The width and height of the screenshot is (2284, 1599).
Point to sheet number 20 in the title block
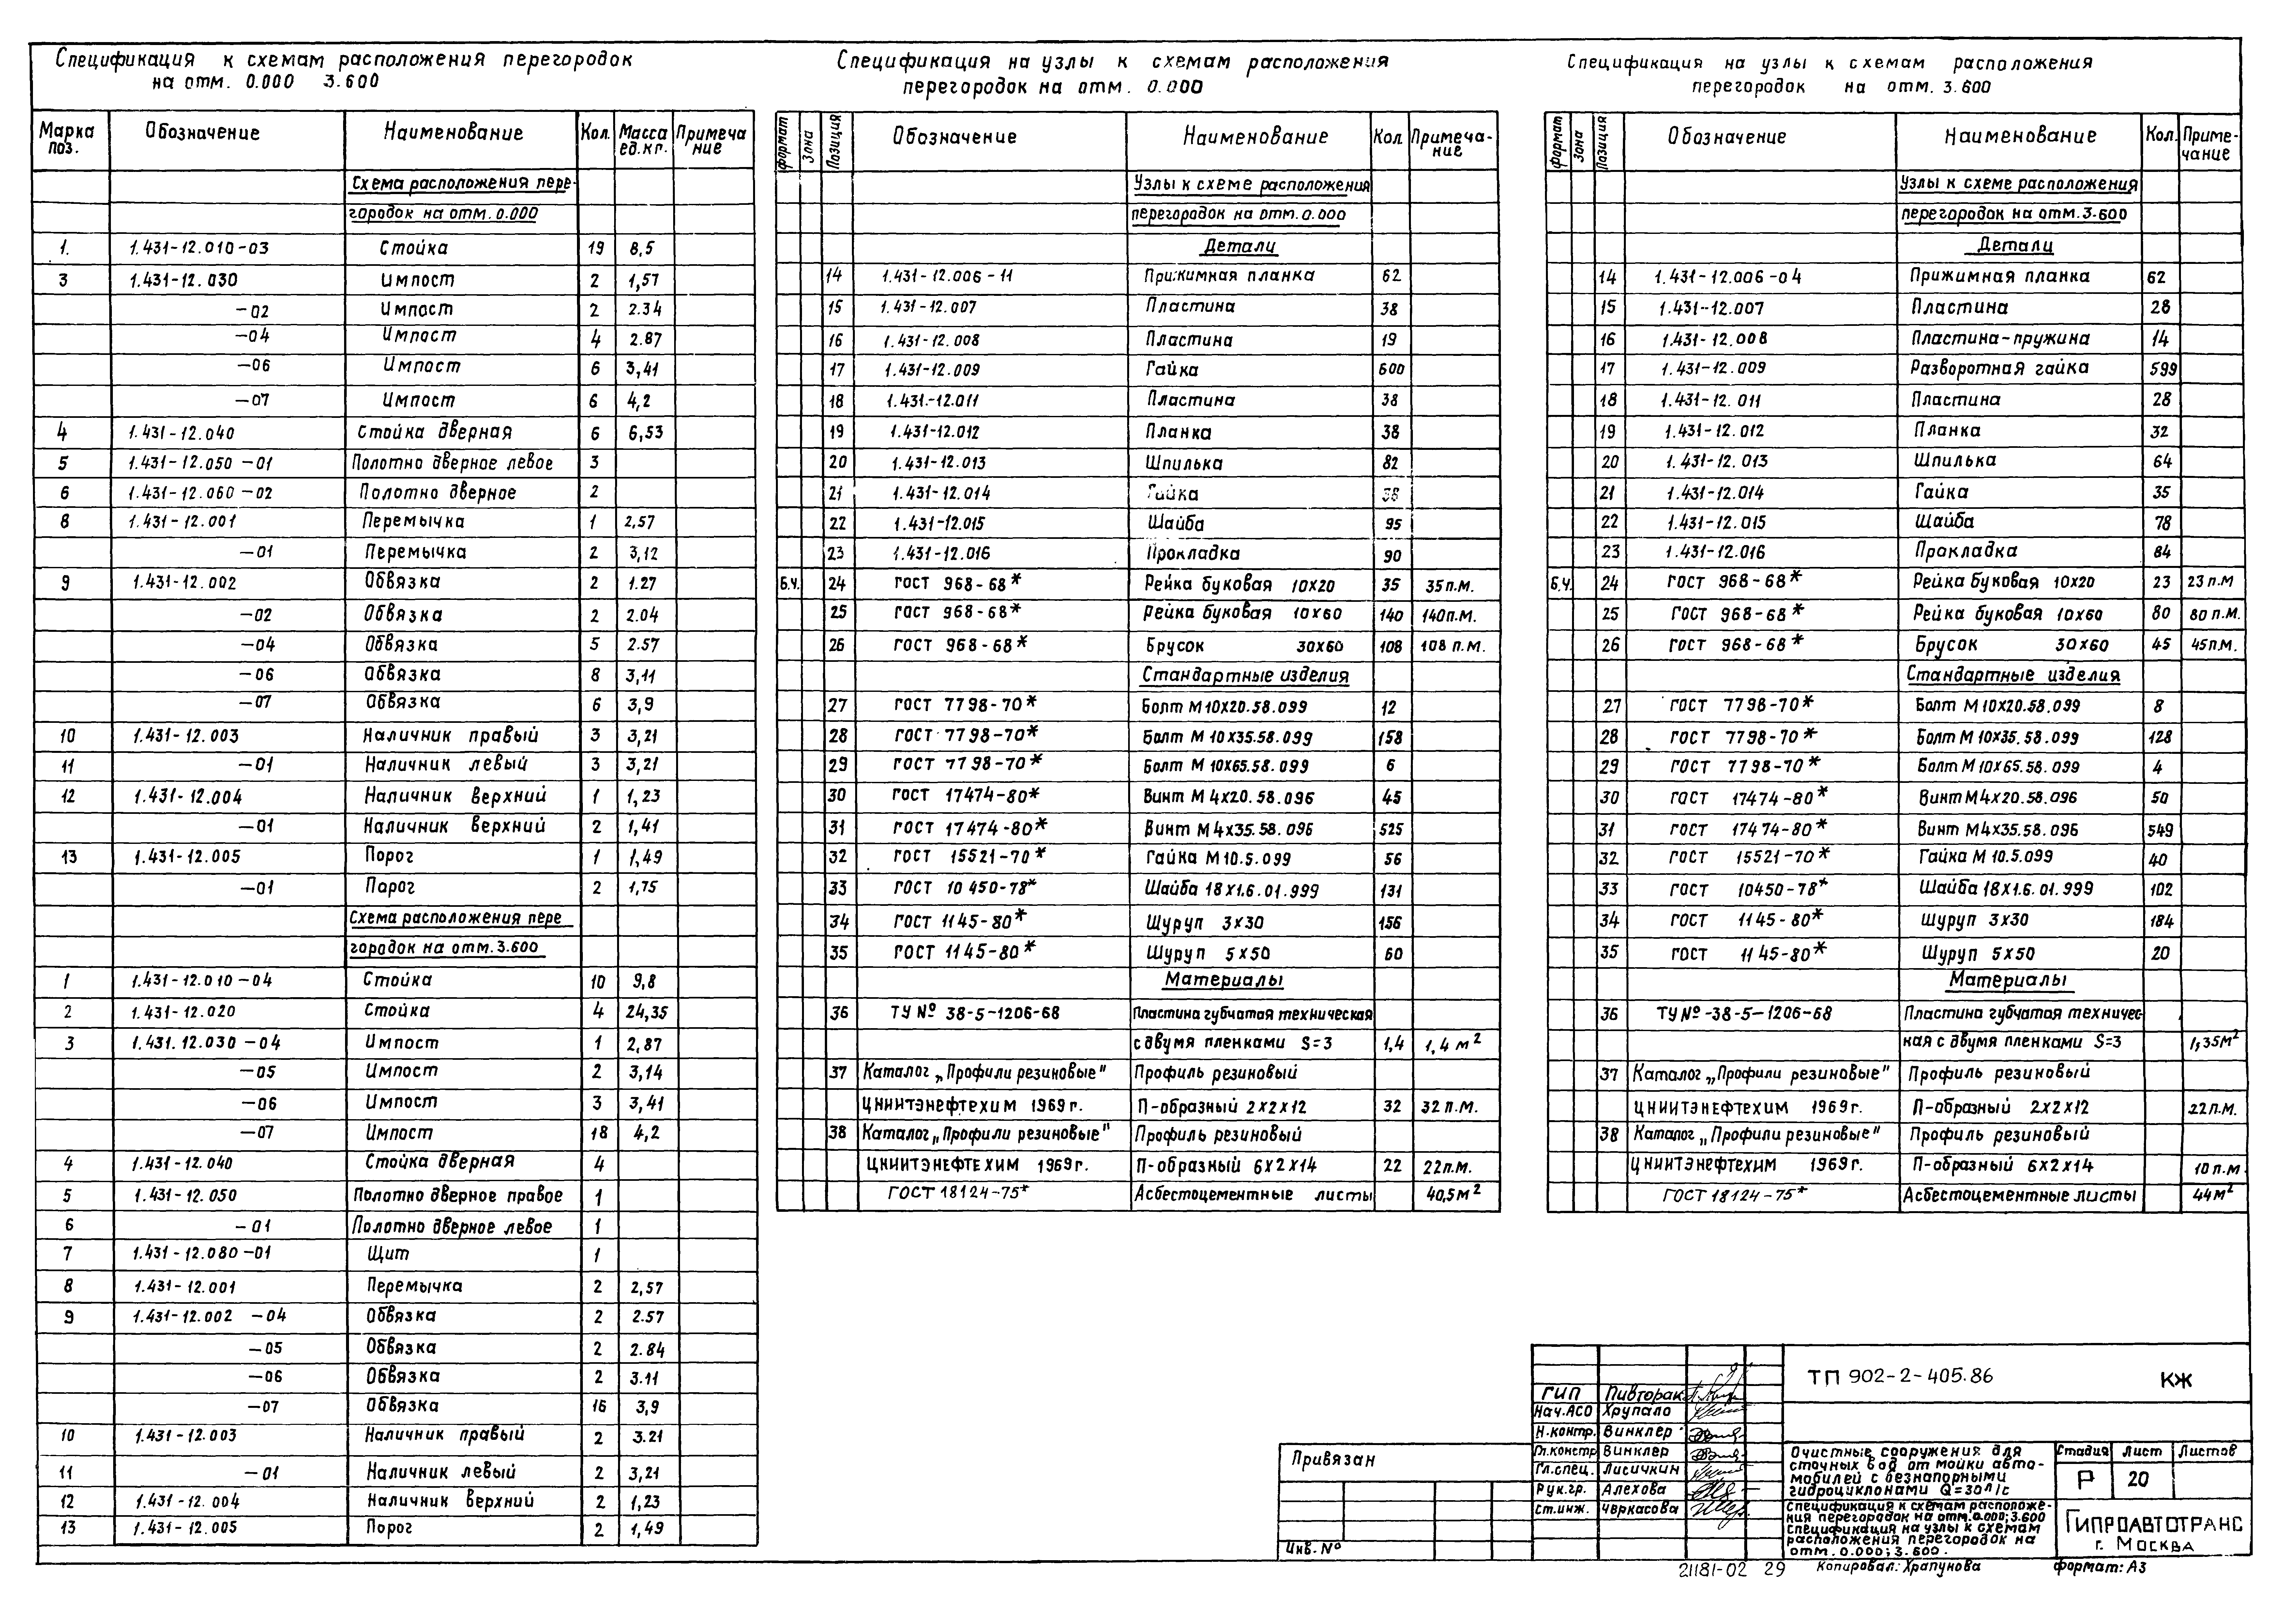tap(2138, 1480)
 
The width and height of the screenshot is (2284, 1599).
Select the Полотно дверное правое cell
tap(458, 1195)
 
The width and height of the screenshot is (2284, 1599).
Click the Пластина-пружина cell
tap(2001, 338)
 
